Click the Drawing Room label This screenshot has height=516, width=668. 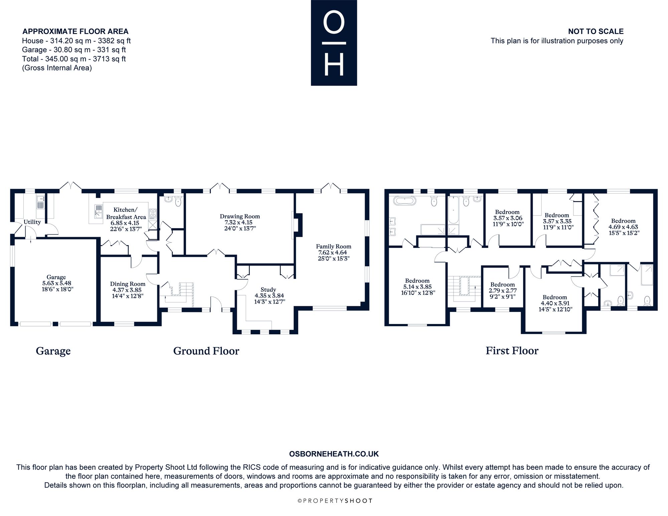click(239, 216)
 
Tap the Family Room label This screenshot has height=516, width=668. click(334, 246)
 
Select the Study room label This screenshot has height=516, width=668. click(268, 290)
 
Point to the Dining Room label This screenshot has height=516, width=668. click(128, 284)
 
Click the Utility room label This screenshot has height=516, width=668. click(32, 222)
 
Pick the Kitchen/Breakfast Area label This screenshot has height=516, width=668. click(126, 213)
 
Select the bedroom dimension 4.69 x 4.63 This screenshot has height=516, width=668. click(623, 227)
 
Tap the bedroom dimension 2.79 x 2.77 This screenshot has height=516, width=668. click(502, 291)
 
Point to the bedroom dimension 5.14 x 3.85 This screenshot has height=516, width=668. click(417, 287)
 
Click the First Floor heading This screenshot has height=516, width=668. click(512, 351)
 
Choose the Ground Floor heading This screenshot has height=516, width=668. click(206, 351)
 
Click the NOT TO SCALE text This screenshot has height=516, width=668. click(596, 31)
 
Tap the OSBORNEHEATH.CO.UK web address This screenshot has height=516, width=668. click(334, 454)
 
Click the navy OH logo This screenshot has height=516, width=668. click(334, 43)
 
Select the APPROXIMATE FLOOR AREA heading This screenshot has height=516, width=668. click(75, 31)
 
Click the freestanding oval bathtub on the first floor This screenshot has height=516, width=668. click(405, 201)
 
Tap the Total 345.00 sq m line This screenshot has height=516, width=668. click(74, 59)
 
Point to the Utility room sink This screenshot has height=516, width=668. click(40, 201)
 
